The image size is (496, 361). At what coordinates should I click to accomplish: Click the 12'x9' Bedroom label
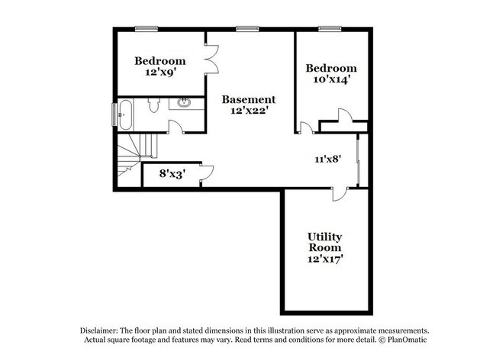(x=160, y=66)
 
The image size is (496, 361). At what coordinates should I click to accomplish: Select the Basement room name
(x=249, y=99)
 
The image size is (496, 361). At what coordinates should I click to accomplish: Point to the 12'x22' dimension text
(x=249, y=111)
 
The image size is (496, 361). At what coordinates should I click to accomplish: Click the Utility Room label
(x=324, y=243)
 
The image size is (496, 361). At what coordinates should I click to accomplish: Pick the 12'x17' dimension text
(x=324, y=259)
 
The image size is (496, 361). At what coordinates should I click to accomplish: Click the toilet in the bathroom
(x=153, y=105)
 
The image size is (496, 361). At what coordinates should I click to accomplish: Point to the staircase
(x=134, y=153)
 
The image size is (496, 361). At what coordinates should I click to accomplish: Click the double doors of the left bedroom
(x=212, y=58)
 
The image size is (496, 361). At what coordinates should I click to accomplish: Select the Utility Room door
(x=337, y=194)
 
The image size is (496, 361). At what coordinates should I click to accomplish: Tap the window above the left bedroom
(x=146, y=29)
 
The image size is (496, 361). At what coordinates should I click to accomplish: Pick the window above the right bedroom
(x=328, y=29)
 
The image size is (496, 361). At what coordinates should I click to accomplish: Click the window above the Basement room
(x=247, y=29)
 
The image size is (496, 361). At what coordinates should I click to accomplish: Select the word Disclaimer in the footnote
(x=103, y=329)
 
